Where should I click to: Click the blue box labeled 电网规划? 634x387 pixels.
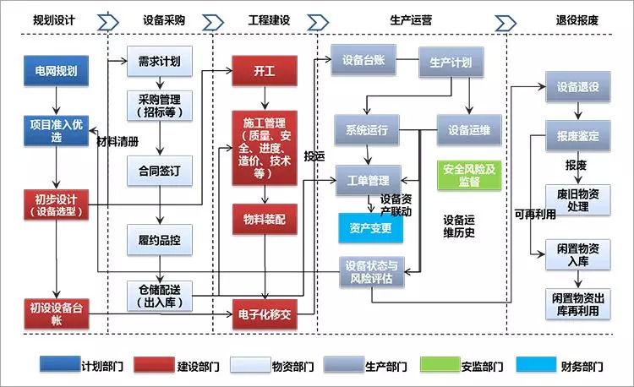coord(56,71)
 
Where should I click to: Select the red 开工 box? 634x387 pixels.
coord(265,71)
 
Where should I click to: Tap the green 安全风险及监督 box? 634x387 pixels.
coord(469,175)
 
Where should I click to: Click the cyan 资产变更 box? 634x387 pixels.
coord(370,228)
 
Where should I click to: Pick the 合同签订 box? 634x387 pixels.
coord(160,171)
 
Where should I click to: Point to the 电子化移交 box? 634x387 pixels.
coord(265,314)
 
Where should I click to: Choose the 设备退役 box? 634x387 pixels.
coord(578,86)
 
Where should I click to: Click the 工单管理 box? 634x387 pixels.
coord(369,180)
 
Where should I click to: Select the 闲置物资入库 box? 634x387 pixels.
coord(578,254)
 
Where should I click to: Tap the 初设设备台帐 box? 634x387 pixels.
coord(56,313)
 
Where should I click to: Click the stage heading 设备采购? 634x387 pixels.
coord(164,19)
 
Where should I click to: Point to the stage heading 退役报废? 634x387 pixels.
coord(577,19)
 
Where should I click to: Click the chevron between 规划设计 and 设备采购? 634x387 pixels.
coord(108,22)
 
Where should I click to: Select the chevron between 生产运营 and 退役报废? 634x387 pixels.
coord(506,23)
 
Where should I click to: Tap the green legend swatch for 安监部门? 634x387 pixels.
coord(440,364)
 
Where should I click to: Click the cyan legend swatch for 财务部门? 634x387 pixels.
coord(536,364)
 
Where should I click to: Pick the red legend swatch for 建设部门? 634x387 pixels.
coord(154,364)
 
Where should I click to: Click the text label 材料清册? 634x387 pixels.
coord(118,141)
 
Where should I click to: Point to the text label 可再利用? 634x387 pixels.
coord(535,214)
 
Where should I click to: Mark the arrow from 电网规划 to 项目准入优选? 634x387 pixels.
coord(56,101)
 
